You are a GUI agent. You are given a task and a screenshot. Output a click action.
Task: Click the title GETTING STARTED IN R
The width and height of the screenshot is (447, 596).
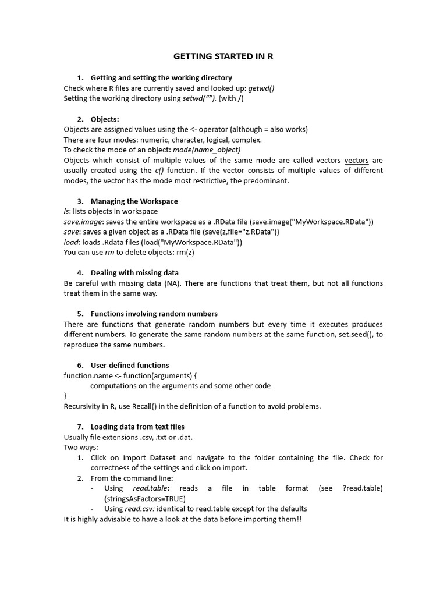click(x=223, y=56)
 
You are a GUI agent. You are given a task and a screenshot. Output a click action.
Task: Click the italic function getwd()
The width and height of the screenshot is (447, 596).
click(x=261, y=88)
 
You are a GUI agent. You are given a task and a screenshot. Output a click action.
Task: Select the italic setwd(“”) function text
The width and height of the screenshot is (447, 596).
click(x=199, y=98)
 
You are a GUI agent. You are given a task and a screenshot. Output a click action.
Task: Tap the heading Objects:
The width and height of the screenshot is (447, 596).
click(x=105, y=119)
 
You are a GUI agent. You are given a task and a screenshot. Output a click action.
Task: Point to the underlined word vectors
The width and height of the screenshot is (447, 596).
click(x=356, y=160)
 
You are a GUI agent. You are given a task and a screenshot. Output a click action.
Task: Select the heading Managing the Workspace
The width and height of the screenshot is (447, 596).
click(x=134, y=201)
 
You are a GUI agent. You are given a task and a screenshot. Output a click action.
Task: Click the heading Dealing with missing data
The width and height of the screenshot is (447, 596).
click(x=134, y=273)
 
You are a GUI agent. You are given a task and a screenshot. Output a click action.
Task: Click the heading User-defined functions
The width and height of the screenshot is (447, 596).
click(x=130, y=366)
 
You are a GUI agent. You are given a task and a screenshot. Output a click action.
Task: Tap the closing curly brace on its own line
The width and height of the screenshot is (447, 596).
click(x=65, y=396)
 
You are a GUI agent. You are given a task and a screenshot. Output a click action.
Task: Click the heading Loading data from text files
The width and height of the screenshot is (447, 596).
click(x=137, y=427)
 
